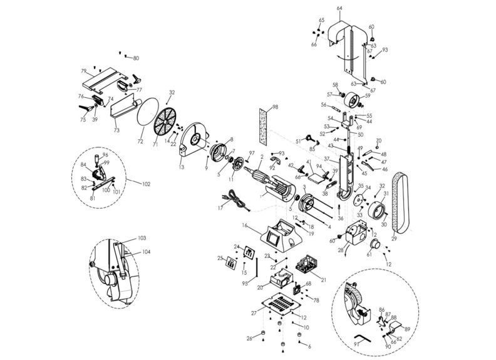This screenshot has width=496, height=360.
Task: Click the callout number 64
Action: (339, 8)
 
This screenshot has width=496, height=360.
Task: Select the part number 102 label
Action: (147, 184)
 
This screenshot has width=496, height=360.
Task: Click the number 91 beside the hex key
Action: (357, 344)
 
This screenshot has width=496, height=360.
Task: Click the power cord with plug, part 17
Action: (235, 202)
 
